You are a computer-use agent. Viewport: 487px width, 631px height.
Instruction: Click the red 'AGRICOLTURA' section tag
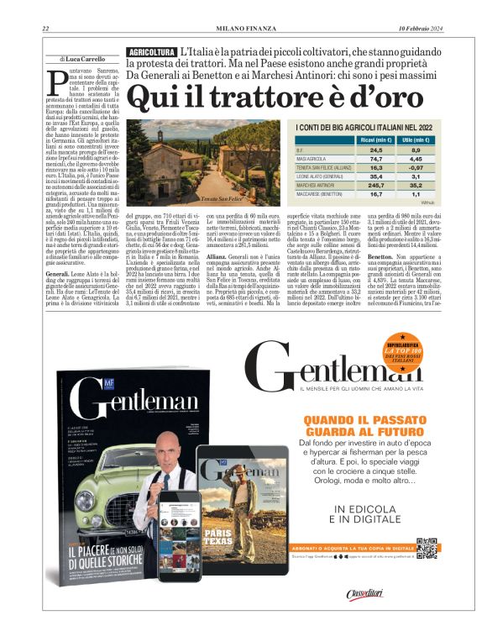coord(151,53)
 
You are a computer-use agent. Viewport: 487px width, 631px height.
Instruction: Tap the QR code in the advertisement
coord(427,550)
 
